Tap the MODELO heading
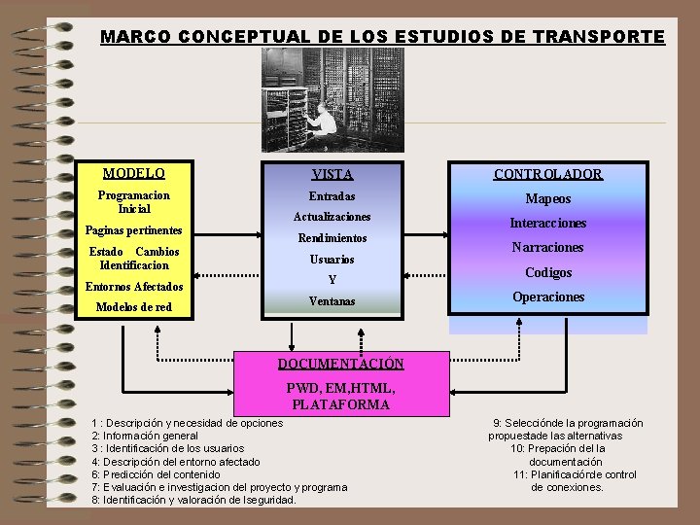pos(133,174)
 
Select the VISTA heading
pos(332,175)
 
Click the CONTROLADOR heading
pos(547,175)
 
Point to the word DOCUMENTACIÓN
pos(340,364)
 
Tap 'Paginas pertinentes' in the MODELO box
pos(133,230)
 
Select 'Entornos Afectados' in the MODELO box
pos(133,287)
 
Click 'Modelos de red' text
pos(133,307)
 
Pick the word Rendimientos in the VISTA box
pos(332,238)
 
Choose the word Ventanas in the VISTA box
pos(332,301)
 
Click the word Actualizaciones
pos(332,217)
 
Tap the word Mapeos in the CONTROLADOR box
pos(548,199)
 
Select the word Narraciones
pos(548,248)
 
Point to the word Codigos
pos(548,273)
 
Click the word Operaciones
pos(548,297)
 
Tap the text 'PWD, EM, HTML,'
pos(340,389)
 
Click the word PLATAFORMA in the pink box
pos(340,404)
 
